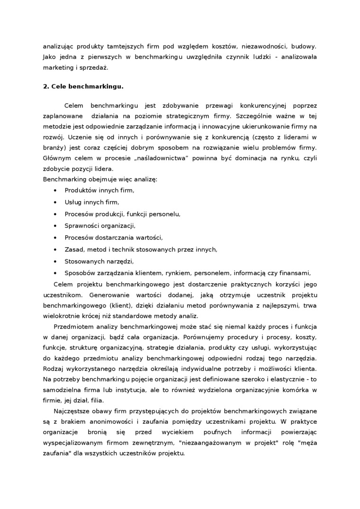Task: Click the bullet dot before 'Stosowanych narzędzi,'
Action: [x=56, y=261]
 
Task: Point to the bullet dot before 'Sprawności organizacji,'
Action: [x=56, y=225]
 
